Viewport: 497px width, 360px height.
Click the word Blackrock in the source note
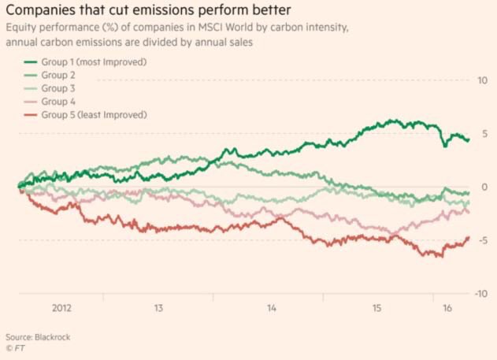click(x=51, y=336)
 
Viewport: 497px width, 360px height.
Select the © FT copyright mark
click(x=15, y=347)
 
